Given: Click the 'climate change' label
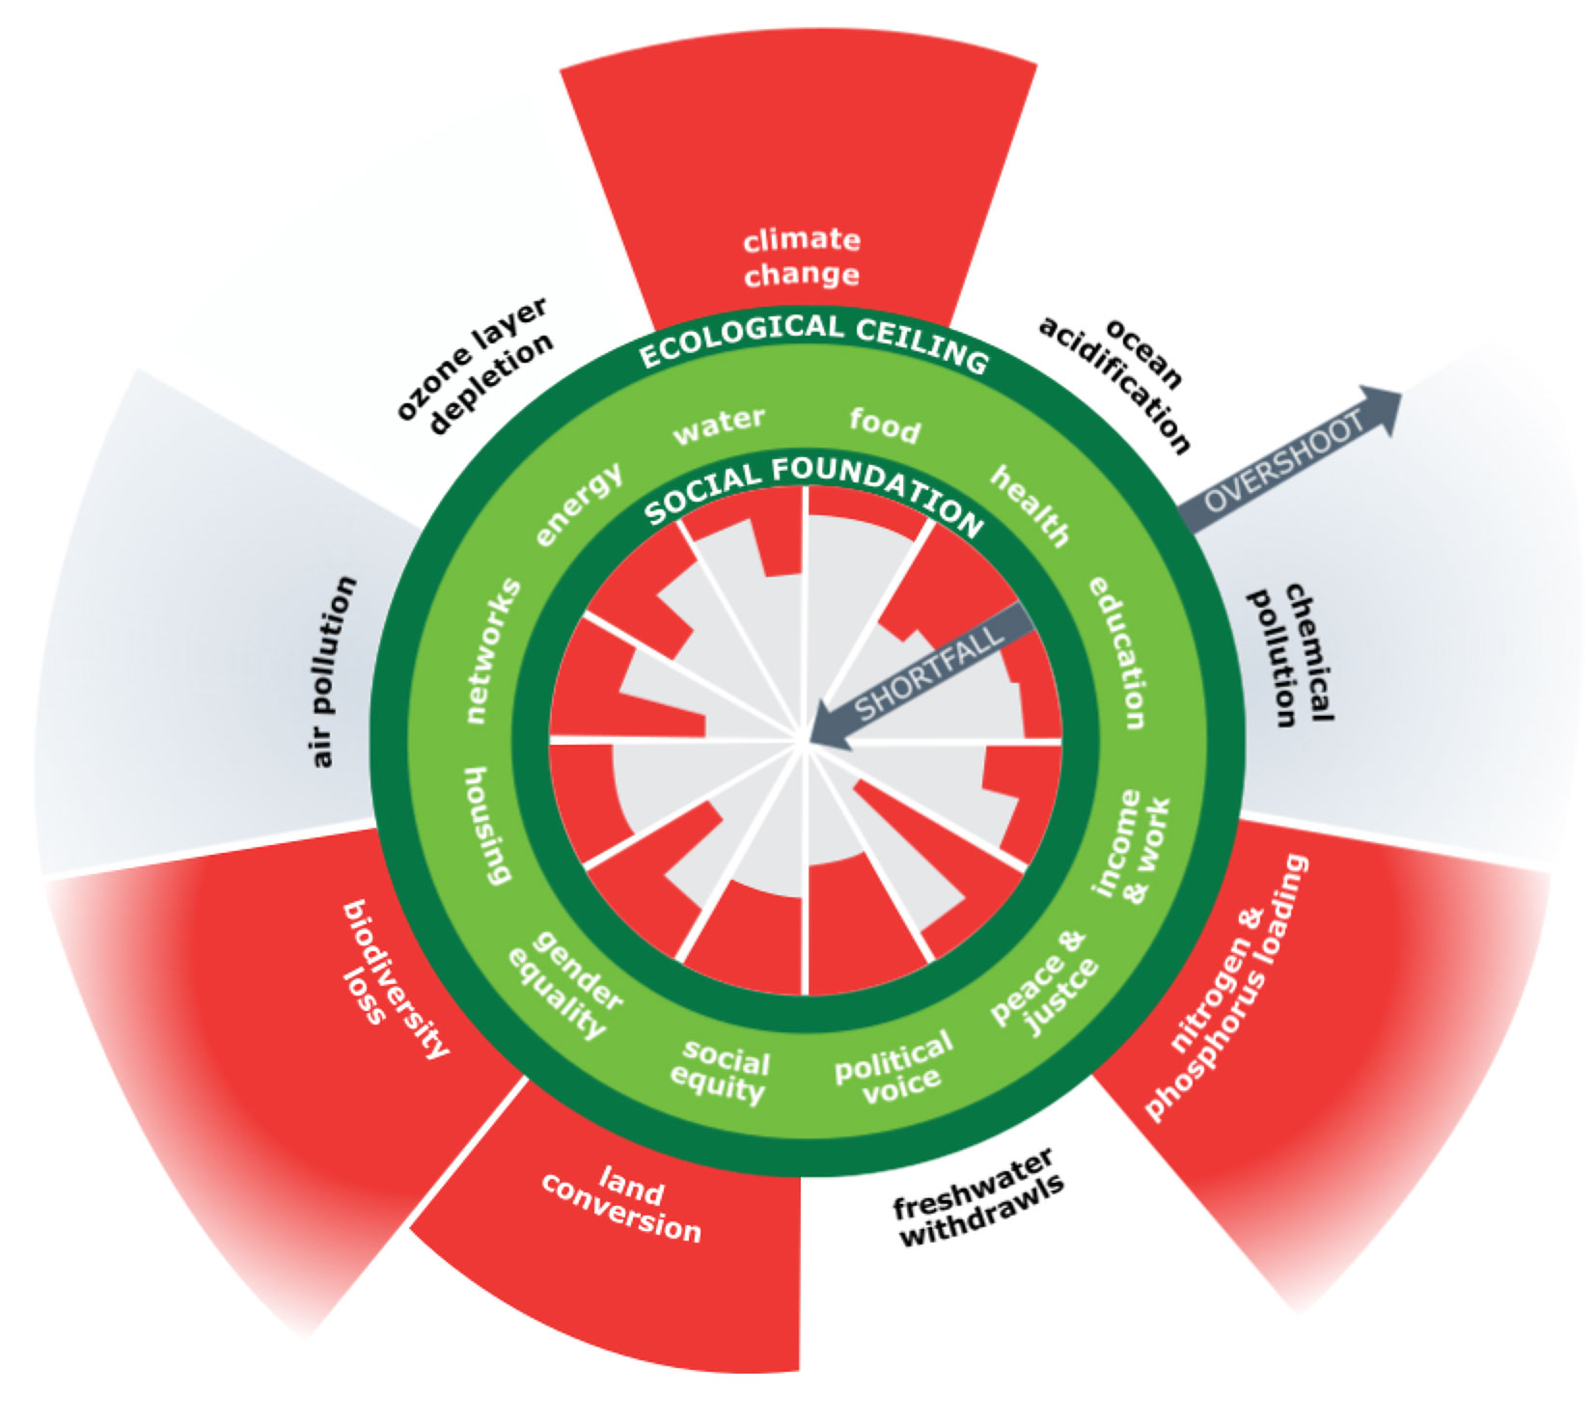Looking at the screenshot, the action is pyautogui.click(x=802, y=258).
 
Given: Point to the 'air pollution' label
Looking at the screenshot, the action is pyautogui.click(x=334, y=671).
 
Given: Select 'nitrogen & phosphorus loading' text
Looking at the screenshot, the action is pyautogui.click(x=1222, y=988).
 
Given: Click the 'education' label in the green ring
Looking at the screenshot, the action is pyautogui.click(x=1119, y=652).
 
